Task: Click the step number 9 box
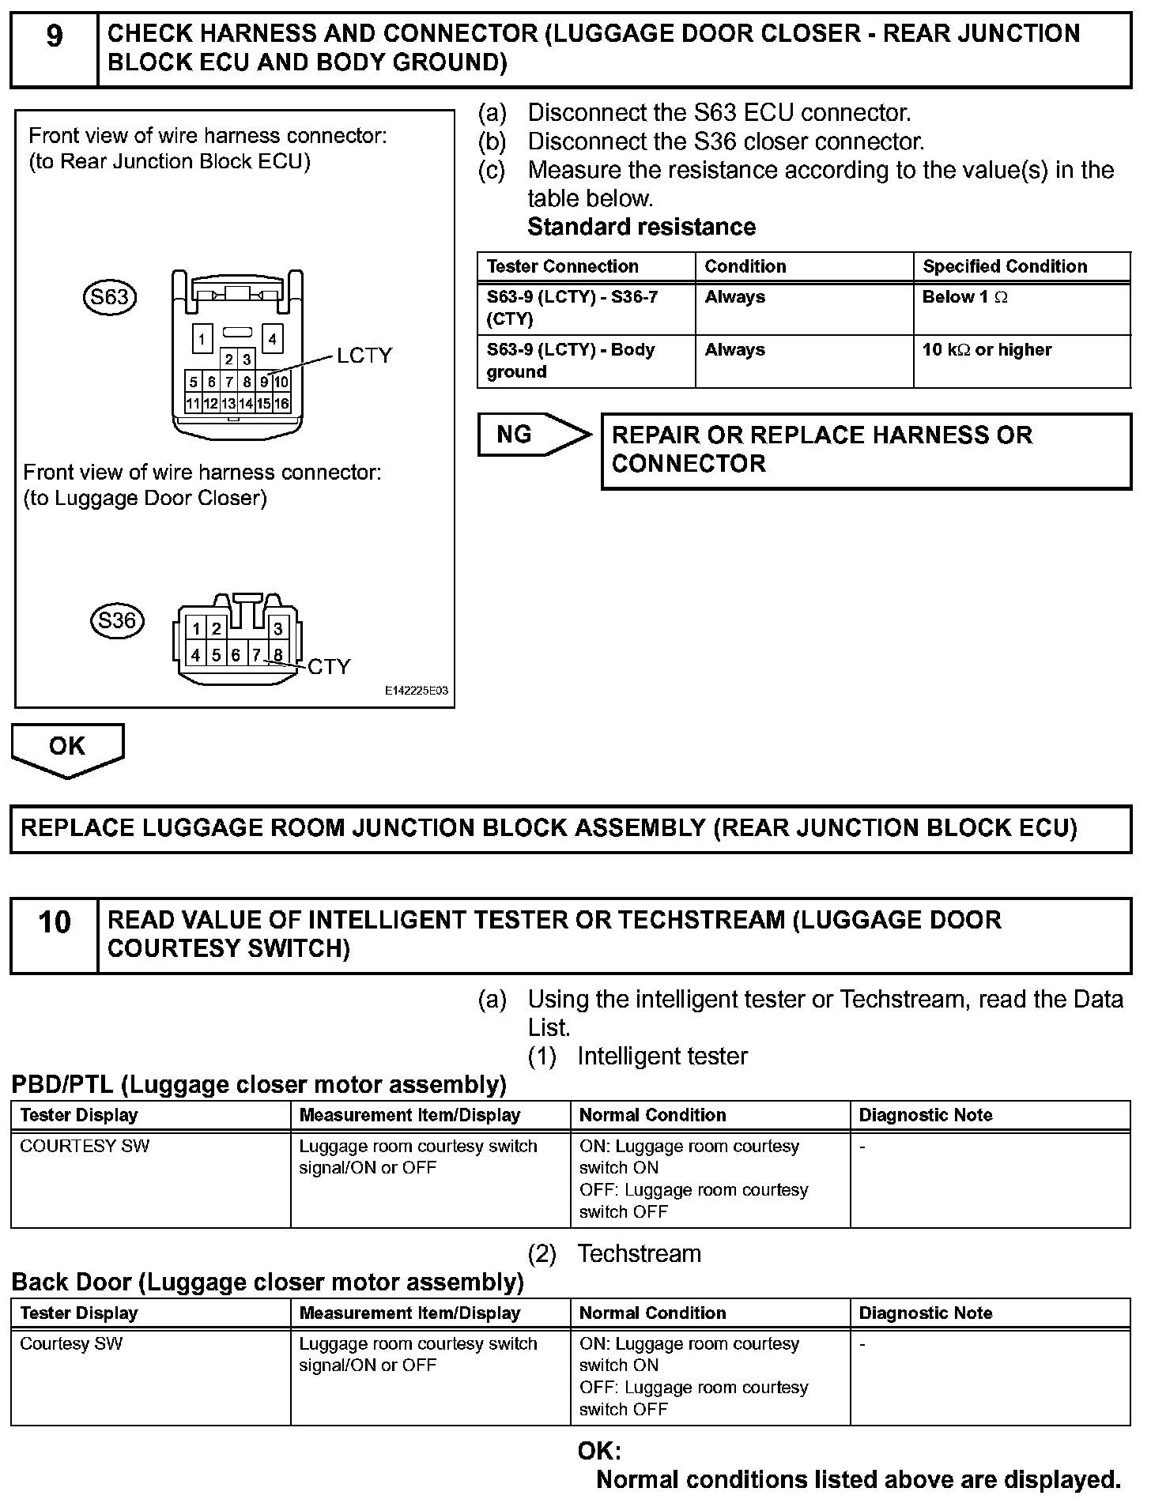[x=54, y=48]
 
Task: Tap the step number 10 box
[x=54, y=935]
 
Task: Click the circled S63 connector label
[x=110, y=298]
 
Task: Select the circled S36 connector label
[x=117, y=621]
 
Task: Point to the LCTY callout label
[x=364, y=356]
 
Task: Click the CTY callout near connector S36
[x=329, y=668]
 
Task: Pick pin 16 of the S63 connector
[x=282, y=404]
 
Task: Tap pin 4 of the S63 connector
[x=272, y=340]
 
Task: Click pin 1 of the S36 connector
[x=196, y=630]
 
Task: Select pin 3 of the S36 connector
[x=277, y=630]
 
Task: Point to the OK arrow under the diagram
[x=67, y=749]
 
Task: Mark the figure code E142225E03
[x=417, y=691]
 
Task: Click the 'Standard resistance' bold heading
[x=641, y=228]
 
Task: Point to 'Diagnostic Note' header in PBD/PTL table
[x=926, y=1115]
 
